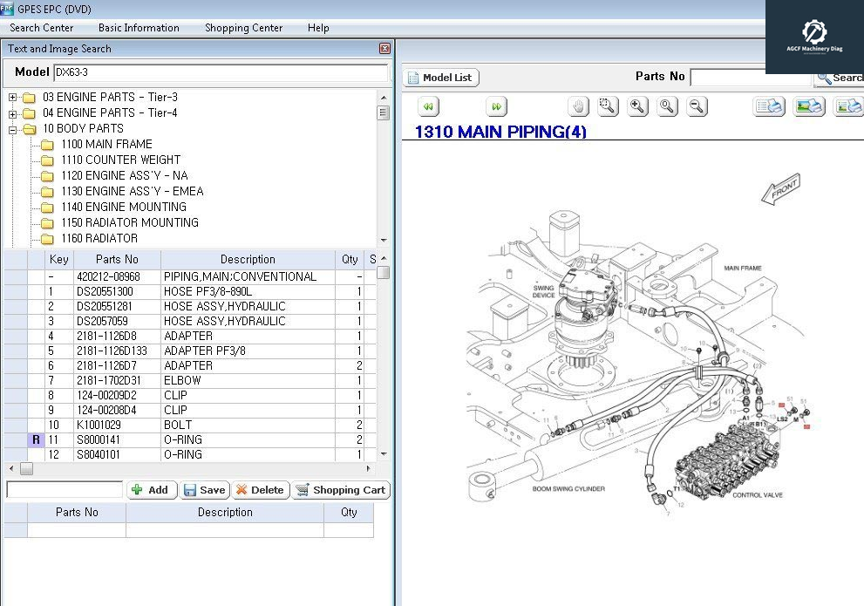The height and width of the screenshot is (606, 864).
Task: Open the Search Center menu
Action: (41, 28)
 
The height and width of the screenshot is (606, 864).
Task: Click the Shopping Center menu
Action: (243, 28)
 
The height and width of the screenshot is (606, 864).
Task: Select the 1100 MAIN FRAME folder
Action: (106, 144)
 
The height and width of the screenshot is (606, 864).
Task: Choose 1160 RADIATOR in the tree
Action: (99, 238)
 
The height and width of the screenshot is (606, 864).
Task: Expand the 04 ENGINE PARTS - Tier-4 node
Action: (13, 113)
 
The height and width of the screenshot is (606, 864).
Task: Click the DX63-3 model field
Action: (220, 72)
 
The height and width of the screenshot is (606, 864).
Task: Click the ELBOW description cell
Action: (182, 380)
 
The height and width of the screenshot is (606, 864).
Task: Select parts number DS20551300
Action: (105, 291)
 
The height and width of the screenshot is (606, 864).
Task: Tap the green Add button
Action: (152, 490)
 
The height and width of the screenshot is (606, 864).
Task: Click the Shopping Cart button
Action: (340, 490)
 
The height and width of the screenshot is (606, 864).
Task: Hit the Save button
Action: (205, 490)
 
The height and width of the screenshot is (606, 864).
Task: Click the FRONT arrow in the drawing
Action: (780, 189)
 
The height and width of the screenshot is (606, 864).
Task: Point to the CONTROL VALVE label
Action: (757, 495)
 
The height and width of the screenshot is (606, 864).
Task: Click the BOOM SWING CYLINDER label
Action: (568, 489)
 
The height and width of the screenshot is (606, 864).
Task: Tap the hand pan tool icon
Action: (578, 106)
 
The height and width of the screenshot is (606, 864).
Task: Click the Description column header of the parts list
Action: (248, 259)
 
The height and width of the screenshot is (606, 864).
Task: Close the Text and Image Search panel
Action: (384, 49)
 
